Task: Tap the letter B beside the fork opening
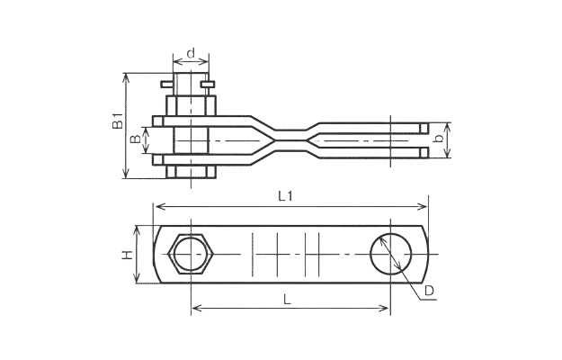tap(135, 139)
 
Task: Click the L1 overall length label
tap(285, 195)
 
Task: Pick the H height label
tap(129, 256)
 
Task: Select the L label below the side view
tap(287, 301)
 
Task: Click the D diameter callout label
tap(429, 291)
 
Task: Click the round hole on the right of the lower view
tap(390, 255)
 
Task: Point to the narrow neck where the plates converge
tap(290, 139)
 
